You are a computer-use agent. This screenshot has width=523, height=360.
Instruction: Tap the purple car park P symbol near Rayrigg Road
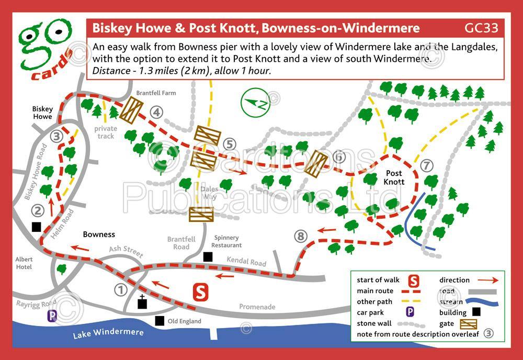(52, 316)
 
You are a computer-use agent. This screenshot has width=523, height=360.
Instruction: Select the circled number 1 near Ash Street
(121, 289)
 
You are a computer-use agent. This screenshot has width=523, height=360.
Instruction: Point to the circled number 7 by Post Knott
(427, 166)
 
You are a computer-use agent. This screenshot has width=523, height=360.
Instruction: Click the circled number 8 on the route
(300, 237)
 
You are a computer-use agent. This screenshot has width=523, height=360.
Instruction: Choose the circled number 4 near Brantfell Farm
(156, 112)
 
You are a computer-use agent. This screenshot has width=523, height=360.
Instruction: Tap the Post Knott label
(394, 177)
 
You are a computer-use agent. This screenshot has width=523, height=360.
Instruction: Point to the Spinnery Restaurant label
(226, 241)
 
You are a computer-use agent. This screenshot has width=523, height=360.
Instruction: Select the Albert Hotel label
(24, 263)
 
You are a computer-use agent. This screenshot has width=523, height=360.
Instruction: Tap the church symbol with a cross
(141, 303)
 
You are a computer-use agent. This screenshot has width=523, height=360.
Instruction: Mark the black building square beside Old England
(159, 320)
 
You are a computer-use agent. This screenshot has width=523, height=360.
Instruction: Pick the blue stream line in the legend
(482, 302)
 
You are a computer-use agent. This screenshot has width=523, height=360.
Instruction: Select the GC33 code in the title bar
(481, 28)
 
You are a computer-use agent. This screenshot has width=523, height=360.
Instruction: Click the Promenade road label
(257, 307)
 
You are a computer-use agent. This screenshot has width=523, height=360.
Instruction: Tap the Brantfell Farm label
(156, 93)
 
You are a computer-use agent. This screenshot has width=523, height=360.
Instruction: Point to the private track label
(105, 132)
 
